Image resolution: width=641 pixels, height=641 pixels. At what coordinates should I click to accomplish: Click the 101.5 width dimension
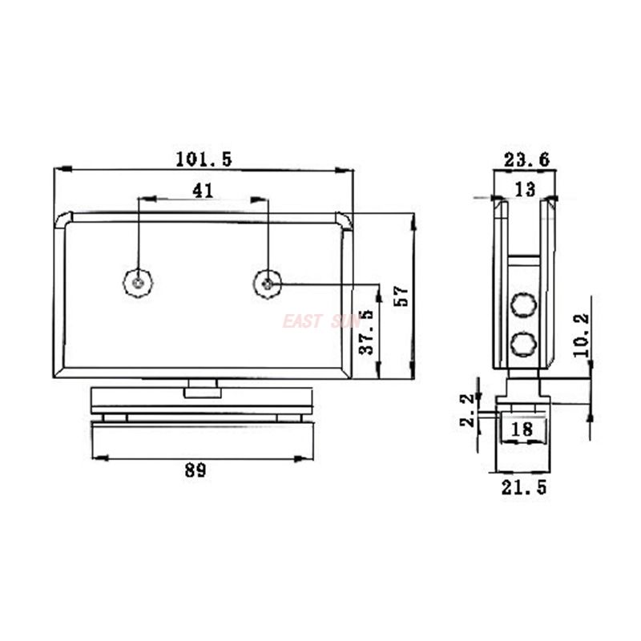coord(204,159)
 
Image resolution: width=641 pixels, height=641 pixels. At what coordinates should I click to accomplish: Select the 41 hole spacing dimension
coord(204,190)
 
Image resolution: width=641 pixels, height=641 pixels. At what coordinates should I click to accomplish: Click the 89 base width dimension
coord(195,471)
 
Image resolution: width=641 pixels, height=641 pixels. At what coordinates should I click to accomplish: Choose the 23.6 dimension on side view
coord(526,160)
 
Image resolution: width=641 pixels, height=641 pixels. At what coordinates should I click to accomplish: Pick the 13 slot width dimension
coord(525,189)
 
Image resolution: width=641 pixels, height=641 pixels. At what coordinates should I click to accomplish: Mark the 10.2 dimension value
coord(581,334)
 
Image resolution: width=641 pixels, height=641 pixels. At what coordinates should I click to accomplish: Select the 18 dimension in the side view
coord(522,429)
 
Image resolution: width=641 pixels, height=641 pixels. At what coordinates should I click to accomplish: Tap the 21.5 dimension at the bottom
coord(525,486)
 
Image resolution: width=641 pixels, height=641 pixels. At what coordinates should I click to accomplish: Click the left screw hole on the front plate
coord(139,282)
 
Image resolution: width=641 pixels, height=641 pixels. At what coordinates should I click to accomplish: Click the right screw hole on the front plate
coord(268,282)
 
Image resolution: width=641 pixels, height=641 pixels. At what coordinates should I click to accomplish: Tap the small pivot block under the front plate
coord(202,390)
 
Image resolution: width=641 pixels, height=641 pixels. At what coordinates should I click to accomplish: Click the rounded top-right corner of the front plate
coord(344,220)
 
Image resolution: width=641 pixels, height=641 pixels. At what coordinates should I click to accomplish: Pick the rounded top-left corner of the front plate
coord(63,220)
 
